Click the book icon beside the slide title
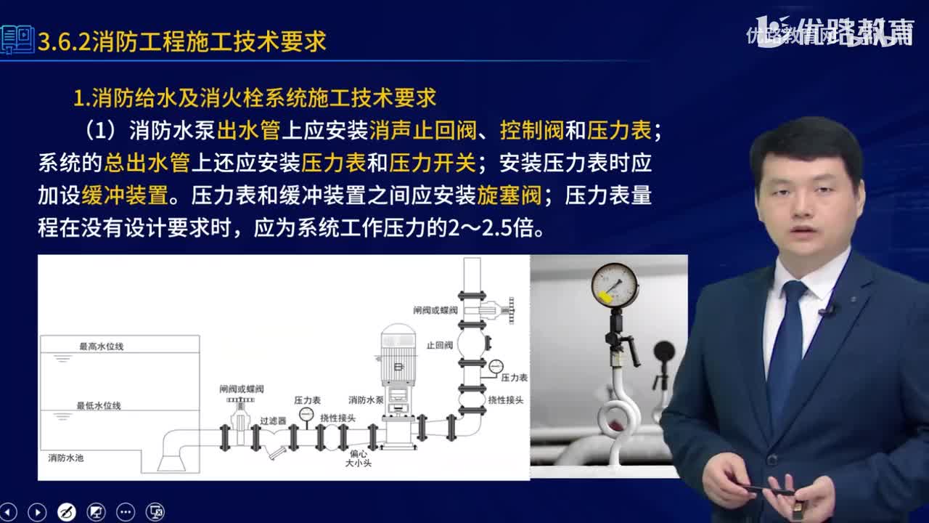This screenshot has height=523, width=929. pyautogui.click(x=17, y=40)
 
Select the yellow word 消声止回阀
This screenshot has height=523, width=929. pyautogui.click(x=422, y=131)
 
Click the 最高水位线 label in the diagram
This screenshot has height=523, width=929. pyautogui.click(x=102, y=346)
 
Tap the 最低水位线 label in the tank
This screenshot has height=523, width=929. pyautogui.click(x=99, y=405)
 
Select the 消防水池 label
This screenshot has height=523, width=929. pyautogui.click(x=66, y=458)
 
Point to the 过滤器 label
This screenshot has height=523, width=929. pyautogui.click(x=273, y=421)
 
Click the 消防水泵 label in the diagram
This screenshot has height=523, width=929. pyautogui.click(x=366, y=400)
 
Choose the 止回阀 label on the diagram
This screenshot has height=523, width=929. pyautogui.click(x=440, y=345)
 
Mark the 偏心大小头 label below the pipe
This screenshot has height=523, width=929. pyautogui.click(x=358, y=458)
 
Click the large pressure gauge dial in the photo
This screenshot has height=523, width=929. pyautogui.click(x=614, y=285)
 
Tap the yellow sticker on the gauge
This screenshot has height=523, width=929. pyautogui.click(x=604, y=296)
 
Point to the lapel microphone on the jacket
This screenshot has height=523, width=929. pyautogui.click(x=827, y=311)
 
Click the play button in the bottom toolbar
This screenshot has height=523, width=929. pyautogui.click(x=36, y=511)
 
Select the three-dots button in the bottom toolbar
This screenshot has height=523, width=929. pyautogui.click(x=126, y=511)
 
